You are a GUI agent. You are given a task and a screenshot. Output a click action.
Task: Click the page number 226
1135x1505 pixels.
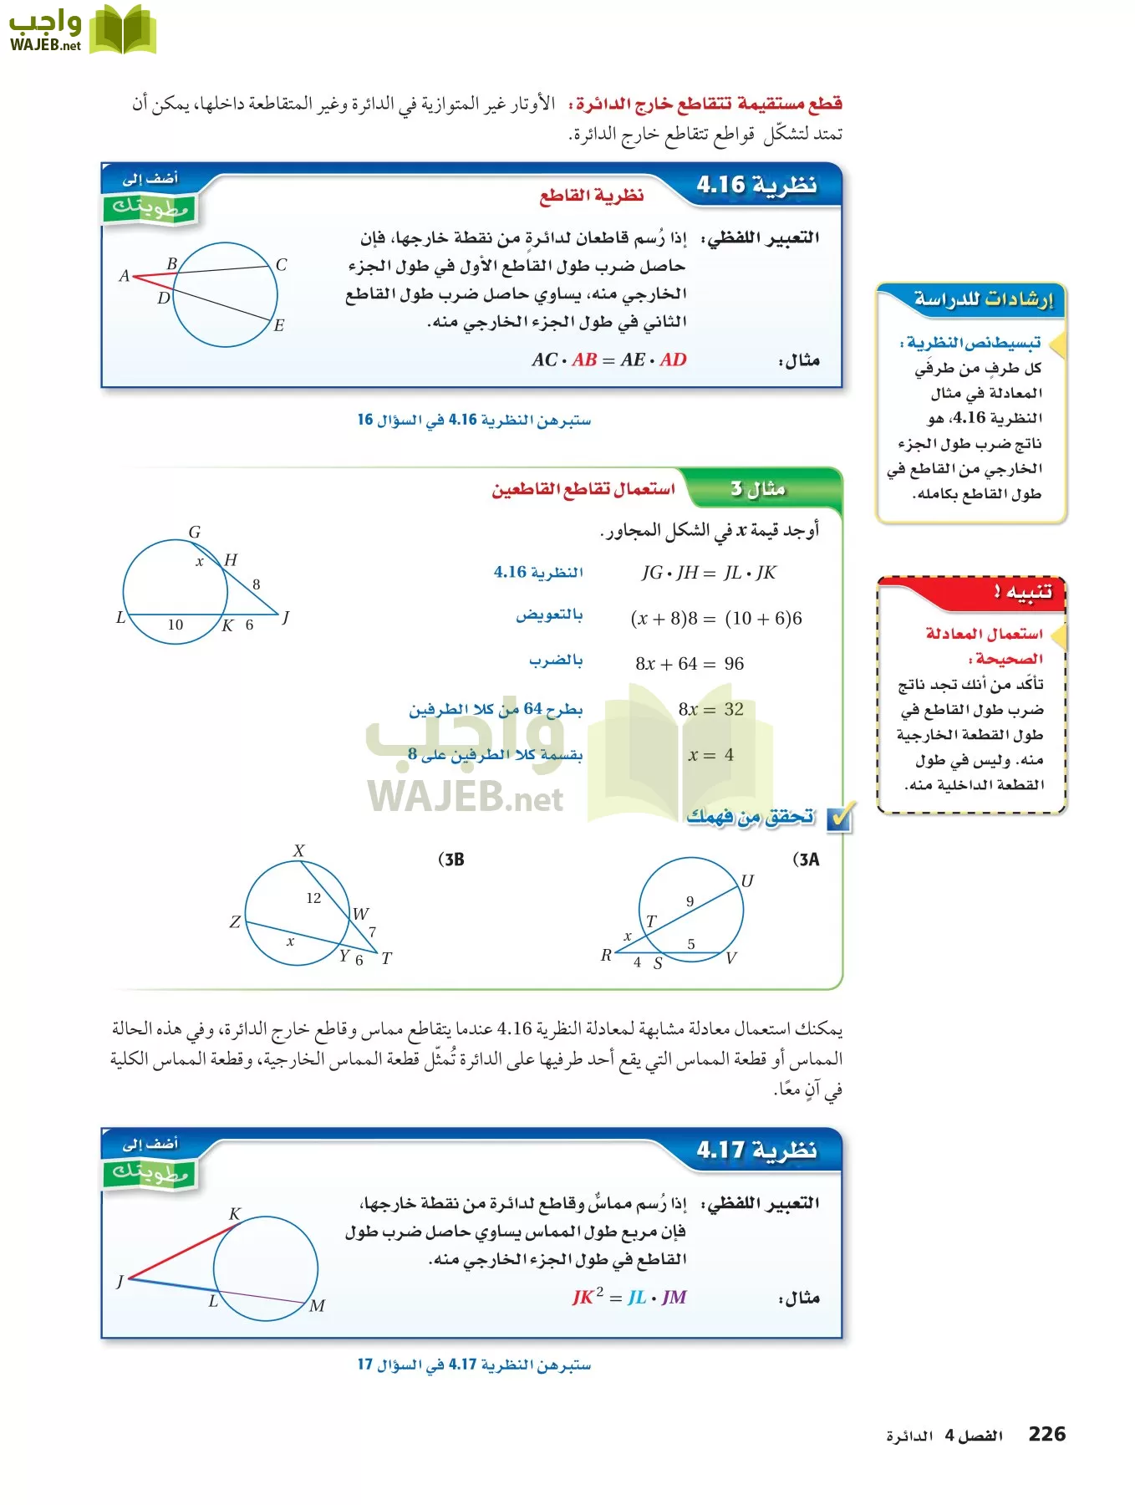[1046, 1434]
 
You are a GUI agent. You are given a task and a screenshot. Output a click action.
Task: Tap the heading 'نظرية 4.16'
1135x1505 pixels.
[756, 185]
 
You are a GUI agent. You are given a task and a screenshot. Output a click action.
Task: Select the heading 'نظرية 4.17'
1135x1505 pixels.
[756, 1150]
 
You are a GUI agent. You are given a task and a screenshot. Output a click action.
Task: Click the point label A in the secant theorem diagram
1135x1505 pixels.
[124, 275]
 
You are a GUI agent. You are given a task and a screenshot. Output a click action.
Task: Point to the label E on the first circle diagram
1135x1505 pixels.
[279, 325]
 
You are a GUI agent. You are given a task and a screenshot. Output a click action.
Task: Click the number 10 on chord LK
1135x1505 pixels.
[176, 625]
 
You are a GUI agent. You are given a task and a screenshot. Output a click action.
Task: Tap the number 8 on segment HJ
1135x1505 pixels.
[257, 584]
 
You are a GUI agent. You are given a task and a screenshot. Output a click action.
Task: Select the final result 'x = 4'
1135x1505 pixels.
[710, 755]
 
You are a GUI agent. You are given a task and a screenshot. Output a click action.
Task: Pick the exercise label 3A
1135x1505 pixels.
[806, 860]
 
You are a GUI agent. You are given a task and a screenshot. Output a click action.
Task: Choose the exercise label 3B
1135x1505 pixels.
[451, 860]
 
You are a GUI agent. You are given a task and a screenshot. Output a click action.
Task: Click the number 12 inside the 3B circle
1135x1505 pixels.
[313, 898]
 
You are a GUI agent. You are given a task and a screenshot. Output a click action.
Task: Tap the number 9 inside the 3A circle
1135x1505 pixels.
[690, 901]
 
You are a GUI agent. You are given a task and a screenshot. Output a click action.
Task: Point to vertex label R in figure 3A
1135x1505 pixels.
[606, 955]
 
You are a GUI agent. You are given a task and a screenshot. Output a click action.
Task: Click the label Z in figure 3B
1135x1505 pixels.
[235, 921]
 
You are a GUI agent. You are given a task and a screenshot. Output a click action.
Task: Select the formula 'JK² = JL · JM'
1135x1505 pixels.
[629, 1298]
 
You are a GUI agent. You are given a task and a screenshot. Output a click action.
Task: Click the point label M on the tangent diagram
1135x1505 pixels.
[317, 1305]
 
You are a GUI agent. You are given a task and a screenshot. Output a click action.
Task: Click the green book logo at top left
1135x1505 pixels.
[123, 29]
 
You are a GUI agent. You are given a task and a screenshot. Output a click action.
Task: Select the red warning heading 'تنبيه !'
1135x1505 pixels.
[1022, 592]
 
